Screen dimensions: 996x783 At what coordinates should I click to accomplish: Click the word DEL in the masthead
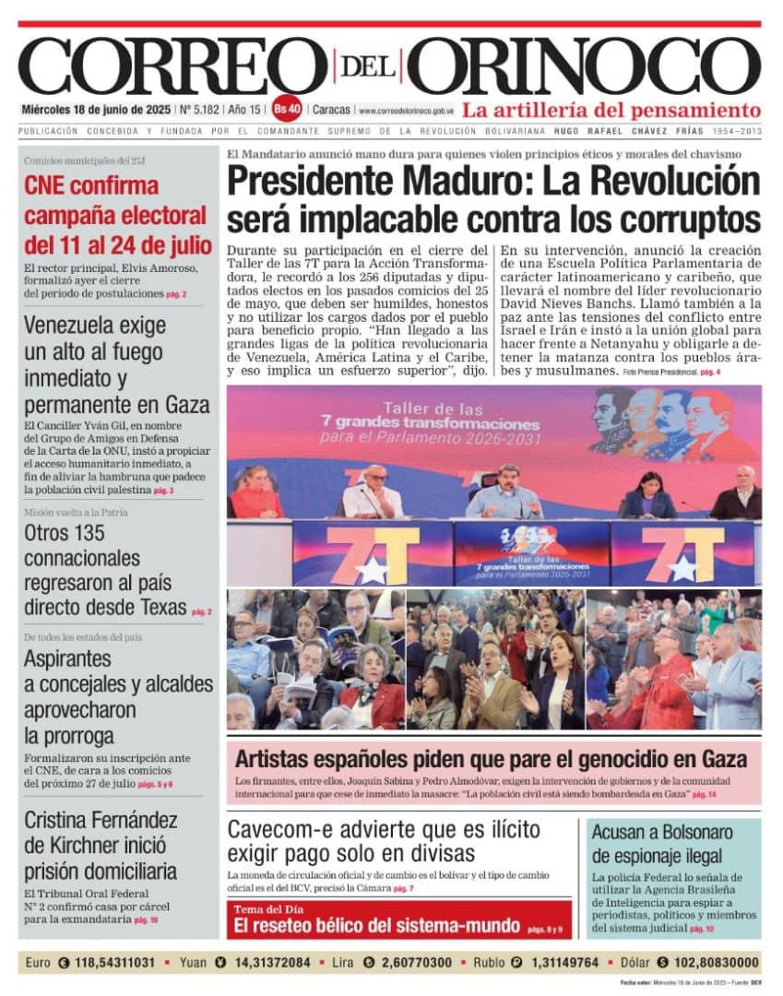368,67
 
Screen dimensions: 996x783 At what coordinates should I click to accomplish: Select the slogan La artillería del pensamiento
611,109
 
